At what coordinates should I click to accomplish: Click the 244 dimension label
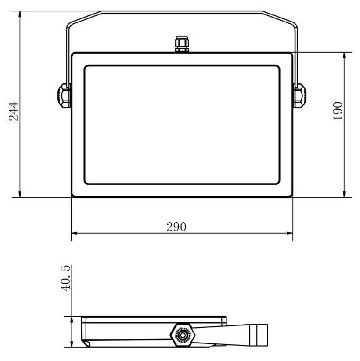coord(13,111)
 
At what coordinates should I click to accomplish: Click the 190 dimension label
coord(338,111)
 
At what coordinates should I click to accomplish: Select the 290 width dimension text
coord(176,227)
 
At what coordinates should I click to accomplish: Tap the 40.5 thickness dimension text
coord(66,278)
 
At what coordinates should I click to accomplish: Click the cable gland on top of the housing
coord(182,44)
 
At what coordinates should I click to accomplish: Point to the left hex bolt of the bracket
coord(64,95)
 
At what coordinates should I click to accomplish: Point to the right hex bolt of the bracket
coord(300,95)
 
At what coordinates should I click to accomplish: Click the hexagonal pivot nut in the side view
coord(183,335)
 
